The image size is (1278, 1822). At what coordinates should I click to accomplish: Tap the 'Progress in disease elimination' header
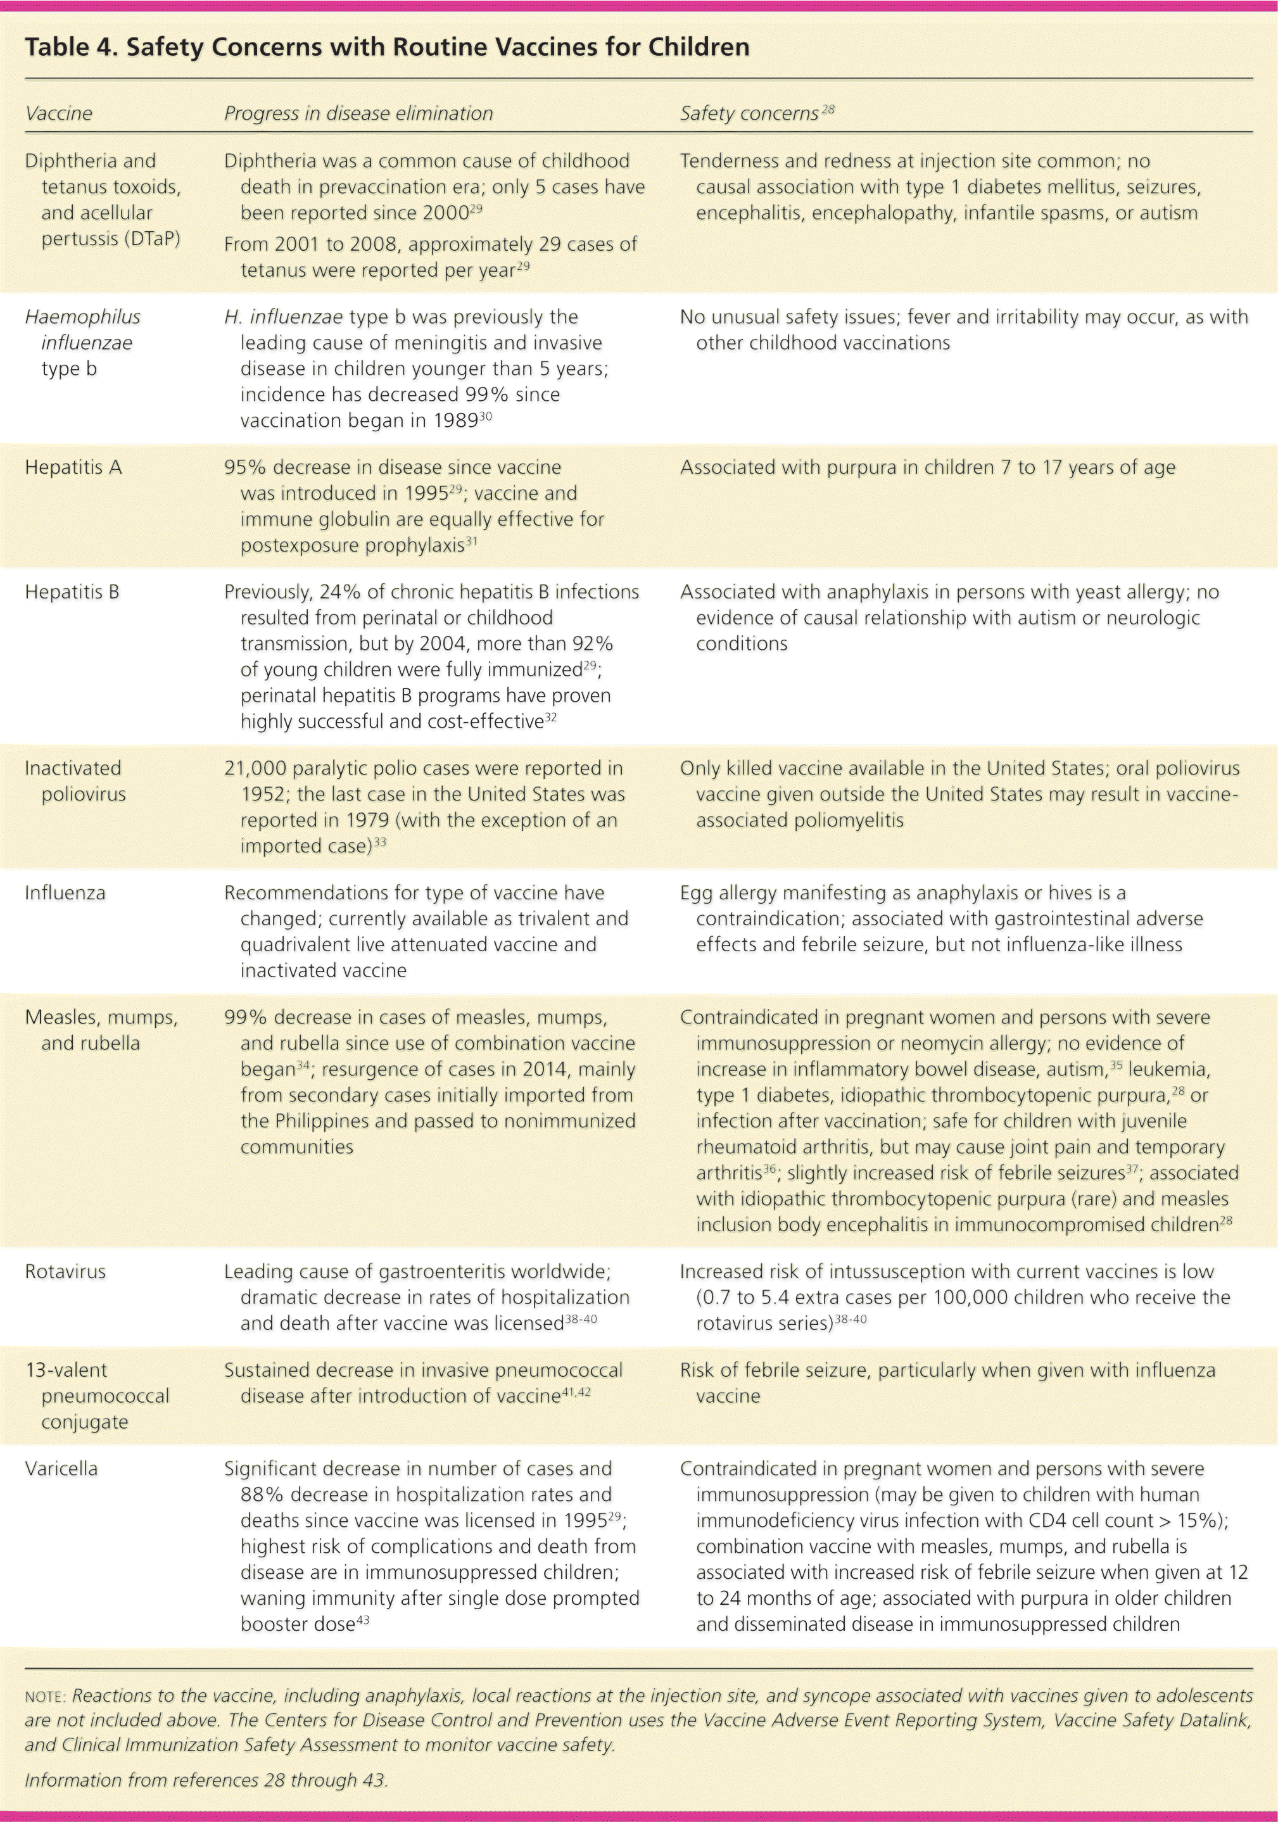pos(358,113)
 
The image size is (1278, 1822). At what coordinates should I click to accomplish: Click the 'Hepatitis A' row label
pos(73,467)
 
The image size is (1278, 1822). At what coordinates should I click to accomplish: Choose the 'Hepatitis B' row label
pos(72,592)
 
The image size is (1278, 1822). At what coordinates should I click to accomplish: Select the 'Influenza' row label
pos(65,893)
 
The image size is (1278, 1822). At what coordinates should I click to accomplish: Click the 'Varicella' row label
pos(61,1469)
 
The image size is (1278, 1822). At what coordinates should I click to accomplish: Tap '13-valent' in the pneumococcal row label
pos(66,1370)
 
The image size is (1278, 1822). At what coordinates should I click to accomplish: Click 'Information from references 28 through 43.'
pos(206,1780)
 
